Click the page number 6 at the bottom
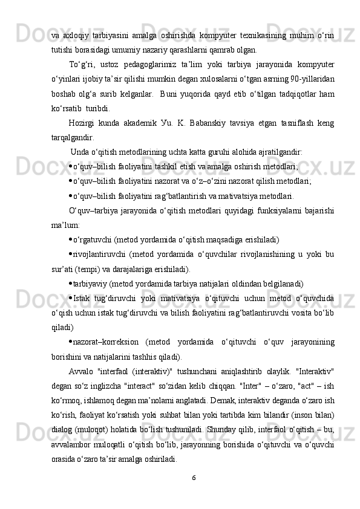coord(194,479)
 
